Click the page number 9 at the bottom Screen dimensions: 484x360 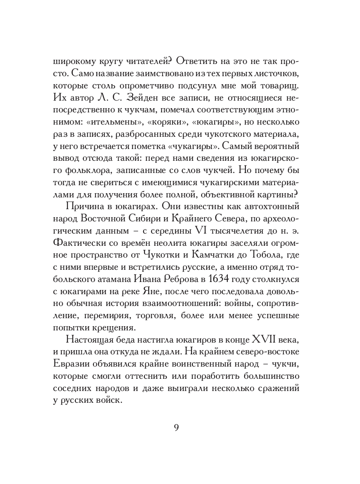tap(176, 427)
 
